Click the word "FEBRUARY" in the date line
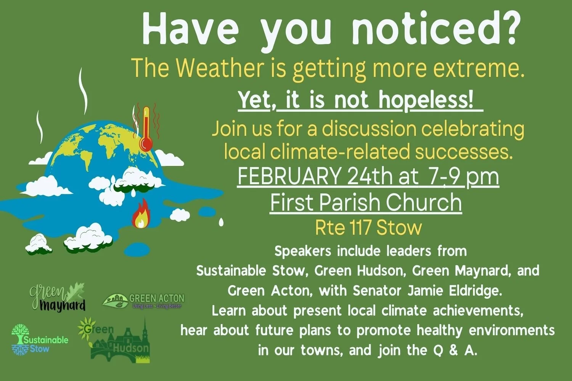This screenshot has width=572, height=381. (289, 176)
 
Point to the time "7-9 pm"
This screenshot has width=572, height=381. (463, 176)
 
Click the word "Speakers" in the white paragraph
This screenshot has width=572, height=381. (303, 251)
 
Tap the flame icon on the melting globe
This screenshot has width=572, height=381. (141, 215)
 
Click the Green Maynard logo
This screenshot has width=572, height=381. (58, 297)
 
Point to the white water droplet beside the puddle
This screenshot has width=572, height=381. (221, 222)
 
